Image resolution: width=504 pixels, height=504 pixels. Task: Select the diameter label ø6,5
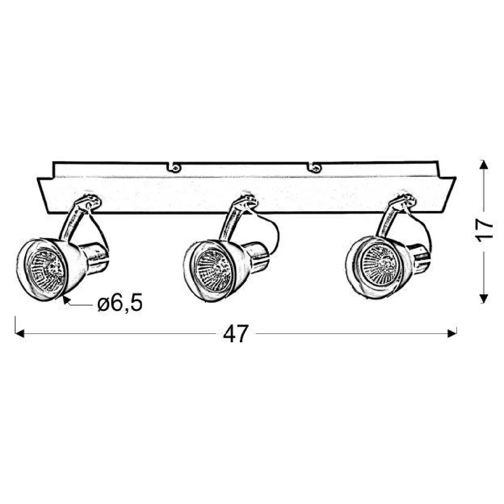tap(120, 302)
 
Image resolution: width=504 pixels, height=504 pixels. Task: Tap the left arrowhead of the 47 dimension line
tap(20, 334)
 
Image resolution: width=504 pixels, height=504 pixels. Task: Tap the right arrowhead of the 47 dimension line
tap(452, 333)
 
